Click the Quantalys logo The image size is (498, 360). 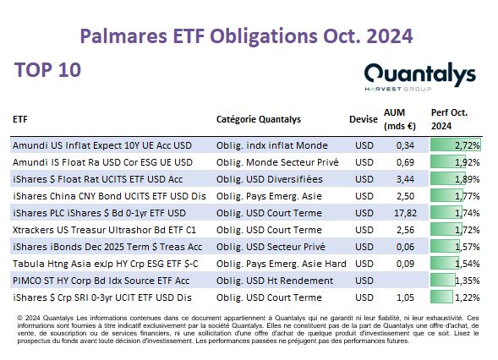(x=419, y=77)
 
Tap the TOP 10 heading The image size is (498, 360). (x=47, y=70)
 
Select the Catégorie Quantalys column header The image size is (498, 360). (x=259, y=119)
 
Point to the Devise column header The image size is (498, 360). (x=364, y=119)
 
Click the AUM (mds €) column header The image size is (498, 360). (x=400, y=119)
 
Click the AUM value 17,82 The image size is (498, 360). (x=405, y=213)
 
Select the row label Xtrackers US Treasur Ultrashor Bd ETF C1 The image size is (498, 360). (x=104, y=230)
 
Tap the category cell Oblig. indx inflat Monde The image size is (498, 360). (x=272, y=145)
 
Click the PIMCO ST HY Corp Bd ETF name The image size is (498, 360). (x=101, y=281)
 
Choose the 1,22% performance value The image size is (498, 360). (x=468, y=297)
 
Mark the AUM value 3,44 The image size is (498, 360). (x=405, y=179)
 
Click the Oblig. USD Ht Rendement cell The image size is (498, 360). (x=275, y=281)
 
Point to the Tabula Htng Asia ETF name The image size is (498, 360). (x=105, y=264)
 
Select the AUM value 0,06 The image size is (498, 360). (x=405, y=247)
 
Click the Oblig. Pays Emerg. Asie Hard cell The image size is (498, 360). (x=281, y=264)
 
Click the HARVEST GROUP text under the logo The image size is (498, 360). (x=398, y=89)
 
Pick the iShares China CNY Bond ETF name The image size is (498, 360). (x=109, y=196)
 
